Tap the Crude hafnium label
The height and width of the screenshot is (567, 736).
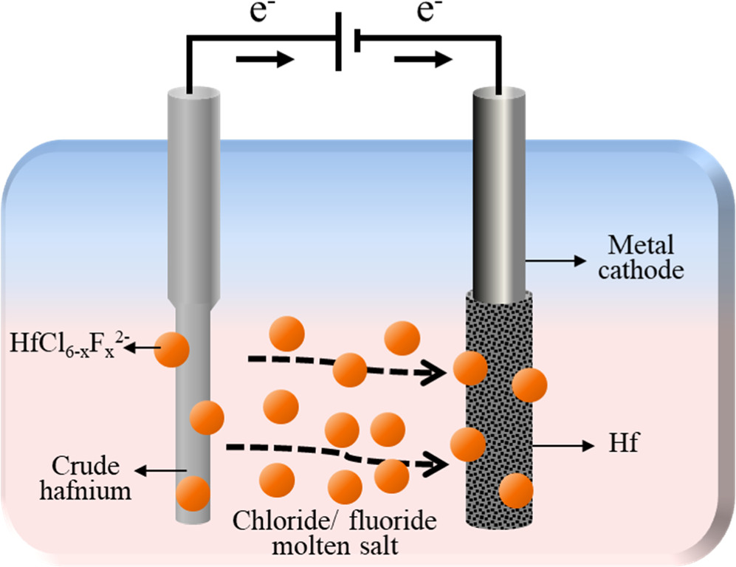[x=92, y=478]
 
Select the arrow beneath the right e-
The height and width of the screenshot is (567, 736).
[x=418, y=60]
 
